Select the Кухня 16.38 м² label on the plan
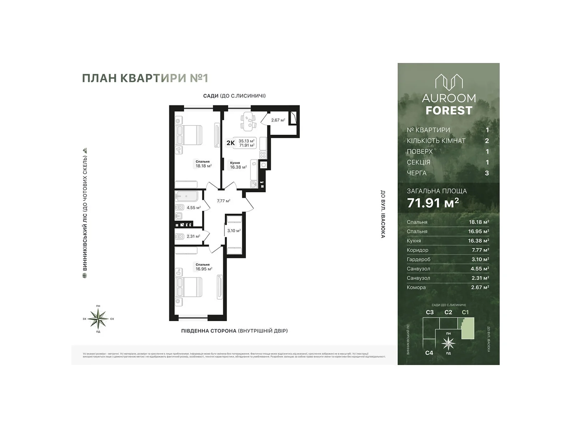pos(238,165)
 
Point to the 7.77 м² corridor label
pos(223,201)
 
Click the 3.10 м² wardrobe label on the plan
pos(234,231)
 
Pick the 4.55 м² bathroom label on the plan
pos(193,208)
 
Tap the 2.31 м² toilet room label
pos(193,236)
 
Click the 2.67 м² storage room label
pos(278,120)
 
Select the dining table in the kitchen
pos(248,120)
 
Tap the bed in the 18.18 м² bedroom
pos(189,135)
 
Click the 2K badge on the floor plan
pos(231,143)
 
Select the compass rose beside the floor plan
pos(98,319)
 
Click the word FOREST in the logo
pos(449,111)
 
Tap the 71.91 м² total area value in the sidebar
pos(433,203)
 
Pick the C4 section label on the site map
pos(429,353)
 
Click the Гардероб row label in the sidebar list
pos(418,259)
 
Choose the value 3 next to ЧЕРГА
pos(487,173)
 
